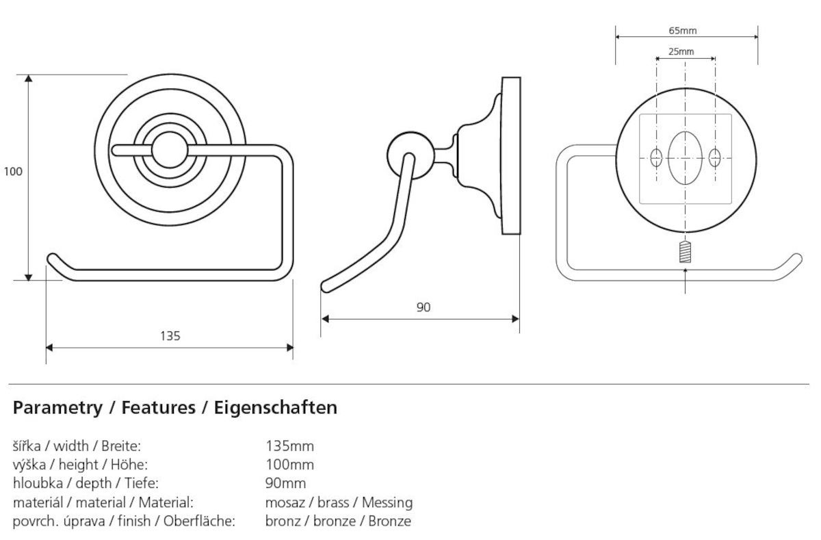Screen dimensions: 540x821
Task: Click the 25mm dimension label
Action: [681, 51]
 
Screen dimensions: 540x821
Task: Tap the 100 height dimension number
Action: [13, 172]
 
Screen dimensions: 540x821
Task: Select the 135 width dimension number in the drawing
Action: [170, 335]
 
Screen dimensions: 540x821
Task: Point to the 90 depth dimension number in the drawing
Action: [423, 307]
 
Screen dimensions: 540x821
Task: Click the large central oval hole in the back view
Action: [685, 158]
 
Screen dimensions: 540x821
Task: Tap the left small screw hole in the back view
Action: [656, 158]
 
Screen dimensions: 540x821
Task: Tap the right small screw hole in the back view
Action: [715, 158]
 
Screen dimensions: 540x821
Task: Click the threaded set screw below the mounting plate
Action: [686, 253]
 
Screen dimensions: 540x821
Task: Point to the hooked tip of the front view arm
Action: [53, 259]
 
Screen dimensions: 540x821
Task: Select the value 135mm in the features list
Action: [289, 447]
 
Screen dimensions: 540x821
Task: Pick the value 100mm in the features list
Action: [289, 465]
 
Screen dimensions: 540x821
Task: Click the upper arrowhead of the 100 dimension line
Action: [29, 79]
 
